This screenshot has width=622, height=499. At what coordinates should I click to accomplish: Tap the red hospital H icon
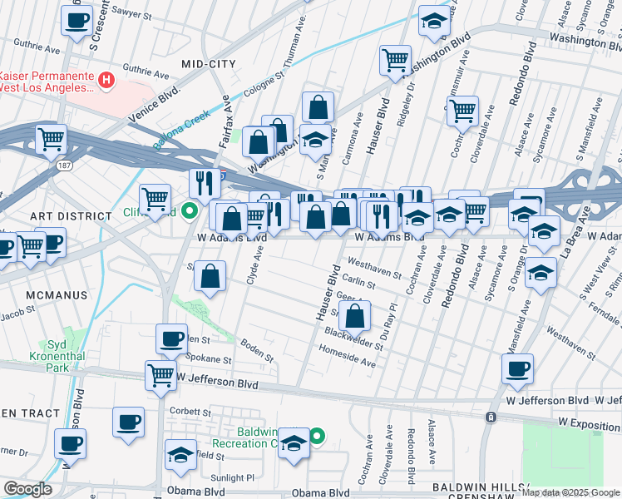[x=106, y=81]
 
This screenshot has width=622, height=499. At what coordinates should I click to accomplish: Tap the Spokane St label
[x=208, y=360]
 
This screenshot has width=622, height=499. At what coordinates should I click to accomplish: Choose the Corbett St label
[x=191, y=411]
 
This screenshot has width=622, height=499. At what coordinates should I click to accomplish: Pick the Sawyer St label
[x=133, y=13]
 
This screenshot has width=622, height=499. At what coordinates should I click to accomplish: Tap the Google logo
[x=27, y=489]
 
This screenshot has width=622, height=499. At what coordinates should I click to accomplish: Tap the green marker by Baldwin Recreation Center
[x=317, y=436]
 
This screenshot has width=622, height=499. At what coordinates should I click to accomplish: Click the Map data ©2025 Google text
[x=569, y=492]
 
